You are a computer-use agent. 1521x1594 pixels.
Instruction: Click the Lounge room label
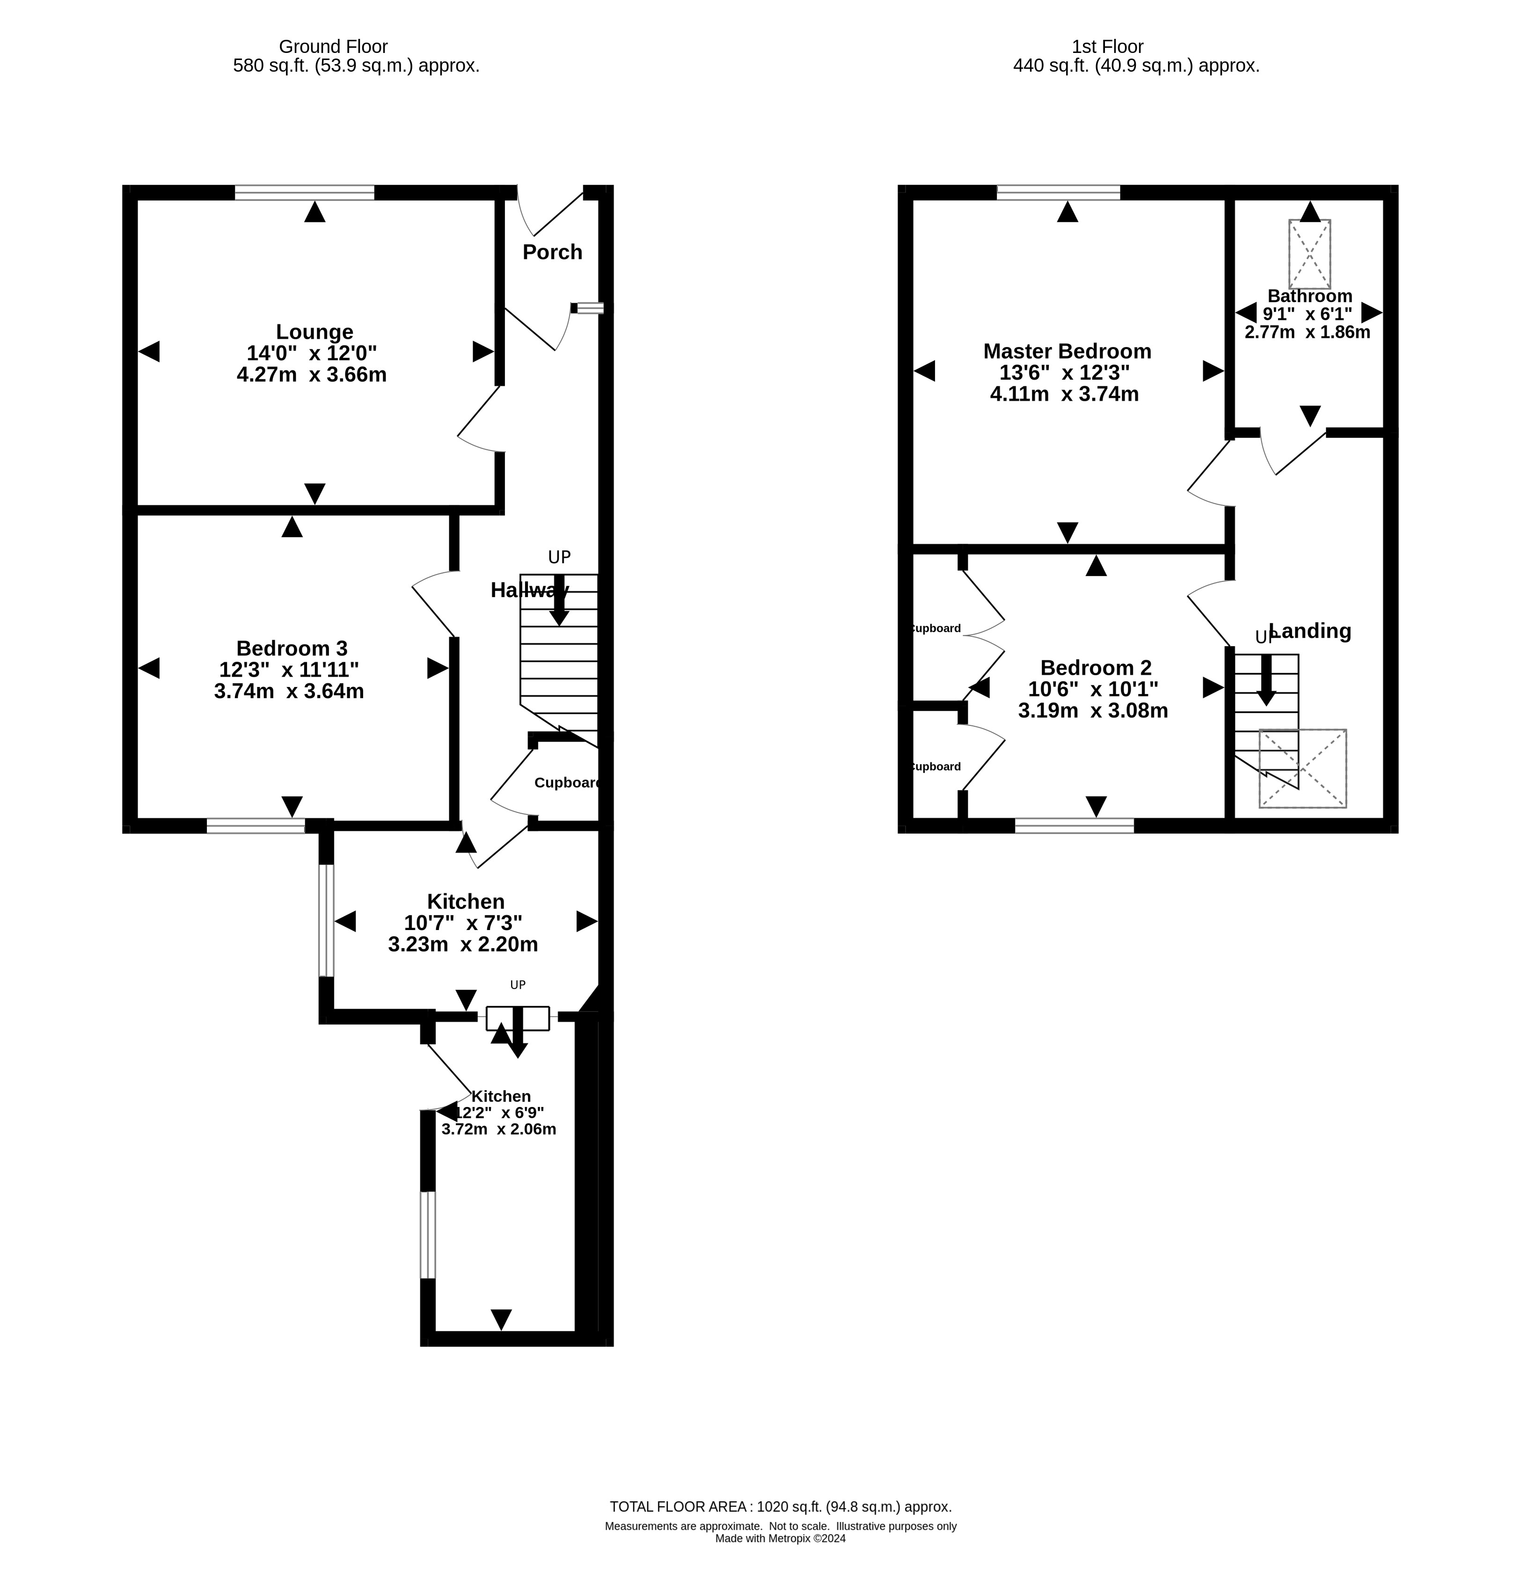point(314,332)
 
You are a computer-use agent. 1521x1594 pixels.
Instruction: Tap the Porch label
point(552,252)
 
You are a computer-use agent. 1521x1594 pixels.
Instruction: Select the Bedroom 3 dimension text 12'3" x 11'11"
point(289,670)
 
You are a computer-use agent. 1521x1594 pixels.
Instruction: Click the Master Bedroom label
point(1067,351)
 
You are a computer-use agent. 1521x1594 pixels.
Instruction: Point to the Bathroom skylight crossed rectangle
point(1309,254)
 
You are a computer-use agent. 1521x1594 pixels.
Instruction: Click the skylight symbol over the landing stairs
point(1302,768)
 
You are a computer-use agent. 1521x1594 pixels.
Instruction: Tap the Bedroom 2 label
point(1095,668)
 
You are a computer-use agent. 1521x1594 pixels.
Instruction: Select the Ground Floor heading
point(333,47)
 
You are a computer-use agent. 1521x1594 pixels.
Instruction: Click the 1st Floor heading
point(1107,47)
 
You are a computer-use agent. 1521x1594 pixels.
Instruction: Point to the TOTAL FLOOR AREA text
point(780,1506)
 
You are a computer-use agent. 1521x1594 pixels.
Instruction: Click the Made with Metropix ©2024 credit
point(780,1538)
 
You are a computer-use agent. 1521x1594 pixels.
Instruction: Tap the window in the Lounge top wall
point(305,192)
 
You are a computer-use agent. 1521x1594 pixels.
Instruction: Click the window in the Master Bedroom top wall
point(1058,192)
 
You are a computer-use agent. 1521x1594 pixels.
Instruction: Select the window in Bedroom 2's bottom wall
point(1074,826)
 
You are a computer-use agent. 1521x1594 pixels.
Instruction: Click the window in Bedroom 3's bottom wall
point(256,826)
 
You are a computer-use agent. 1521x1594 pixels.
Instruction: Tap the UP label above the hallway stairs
point(559,557)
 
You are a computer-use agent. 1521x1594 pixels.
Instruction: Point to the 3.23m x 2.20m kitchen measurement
point(463,944)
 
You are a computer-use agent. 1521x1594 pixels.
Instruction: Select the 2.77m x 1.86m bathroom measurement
point(1307,332)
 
